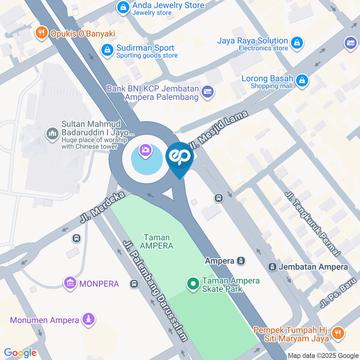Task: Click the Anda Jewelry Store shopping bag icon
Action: coord(123,7)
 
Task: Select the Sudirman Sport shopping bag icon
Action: coord(107,50)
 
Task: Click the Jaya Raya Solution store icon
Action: coord(297,42)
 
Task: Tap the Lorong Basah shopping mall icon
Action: coord(301,80)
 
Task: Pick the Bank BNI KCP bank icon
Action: coord(207,91)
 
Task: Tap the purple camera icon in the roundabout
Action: coord(145,151)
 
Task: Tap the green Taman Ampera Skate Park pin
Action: coord(193,284)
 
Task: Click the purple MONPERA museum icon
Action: coord(70,283)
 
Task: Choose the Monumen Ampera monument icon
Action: coord(89,319)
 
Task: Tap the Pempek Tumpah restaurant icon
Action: coord(338,332)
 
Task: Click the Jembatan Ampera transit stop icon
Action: coord(272,267)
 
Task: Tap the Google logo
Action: coord(20,352)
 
